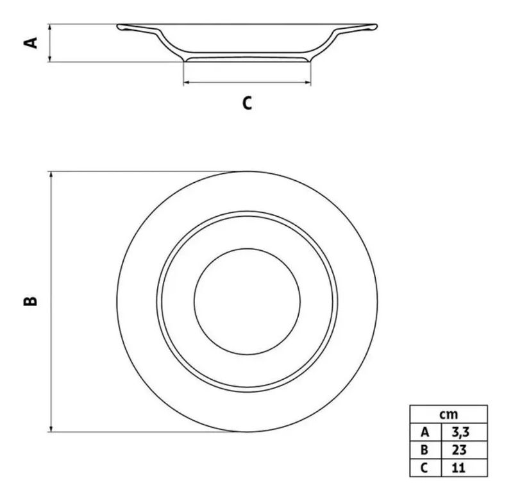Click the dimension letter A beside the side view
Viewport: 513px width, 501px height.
pos(31,43)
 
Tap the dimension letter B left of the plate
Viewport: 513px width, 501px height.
pos(30,301)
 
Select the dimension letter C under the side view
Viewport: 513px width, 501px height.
pos(247,103)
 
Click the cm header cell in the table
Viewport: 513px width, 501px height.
pos(448,414)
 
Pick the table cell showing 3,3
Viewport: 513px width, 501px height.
pos(464,432)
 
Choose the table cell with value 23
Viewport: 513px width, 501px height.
pos(464,450)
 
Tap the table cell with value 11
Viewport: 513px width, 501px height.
pos(464,468)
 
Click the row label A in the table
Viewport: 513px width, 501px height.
pos(425,432)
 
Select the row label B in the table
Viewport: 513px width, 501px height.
pos(425,450)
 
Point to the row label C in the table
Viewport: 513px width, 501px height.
pos(425,468)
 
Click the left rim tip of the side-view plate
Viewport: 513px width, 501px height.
pos(117,26)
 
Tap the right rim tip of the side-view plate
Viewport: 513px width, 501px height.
pos(376,26)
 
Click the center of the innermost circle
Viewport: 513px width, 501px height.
pos(247,301)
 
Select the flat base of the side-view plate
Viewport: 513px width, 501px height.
pos(247,60)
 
